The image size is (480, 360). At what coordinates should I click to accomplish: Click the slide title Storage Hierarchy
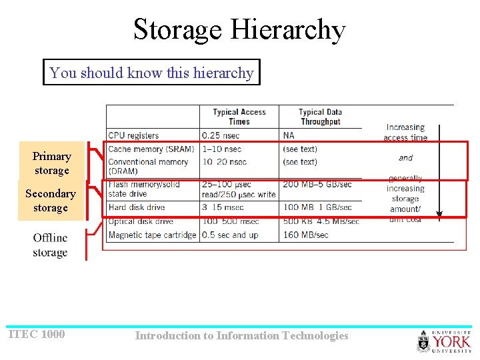click(239, 30)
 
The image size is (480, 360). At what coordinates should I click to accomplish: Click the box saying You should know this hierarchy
click(151, 73)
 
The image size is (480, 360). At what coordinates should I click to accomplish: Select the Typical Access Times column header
click(239, 117)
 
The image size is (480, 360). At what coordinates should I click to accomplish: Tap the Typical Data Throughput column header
click(320, 117)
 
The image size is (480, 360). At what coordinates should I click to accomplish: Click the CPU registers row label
click(133, 135)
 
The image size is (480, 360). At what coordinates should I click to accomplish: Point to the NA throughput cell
click(289, 135)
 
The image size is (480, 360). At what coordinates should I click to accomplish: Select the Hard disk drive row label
click(137, 207)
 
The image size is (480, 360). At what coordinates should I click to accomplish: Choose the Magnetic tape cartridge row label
click(152, 235)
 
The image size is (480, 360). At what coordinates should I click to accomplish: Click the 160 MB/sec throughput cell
click(305, 235)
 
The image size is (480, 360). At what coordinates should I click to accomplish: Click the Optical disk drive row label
click(140, 221)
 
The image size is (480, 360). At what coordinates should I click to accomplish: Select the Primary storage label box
click(51, 163)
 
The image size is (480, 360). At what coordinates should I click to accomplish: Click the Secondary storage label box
click(51, 201)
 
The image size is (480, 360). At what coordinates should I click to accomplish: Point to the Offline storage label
click(50, 245)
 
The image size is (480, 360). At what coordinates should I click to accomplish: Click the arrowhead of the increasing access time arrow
click(439, 215)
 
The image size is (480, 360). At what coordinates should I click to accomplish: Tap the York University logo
click(444, 341)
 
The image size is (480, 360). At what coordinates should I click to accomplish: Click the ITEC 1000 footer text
click(36, 334)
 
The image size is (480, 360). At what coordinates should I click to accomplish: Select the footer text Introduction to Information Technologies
click(241, 336)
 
